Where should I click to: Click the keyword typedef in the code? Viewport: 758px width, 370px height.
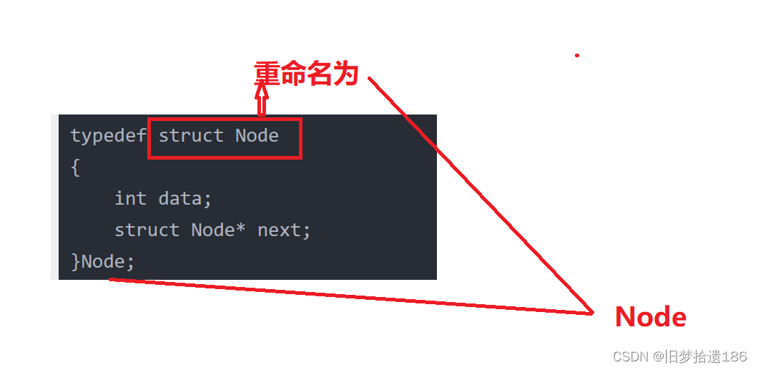(x=109, y=136)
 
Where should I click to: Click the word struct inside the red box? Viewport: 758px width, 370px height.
(x=191, y=136)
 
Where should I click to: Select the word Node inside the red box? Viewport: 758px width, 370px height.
(x=257, y=136)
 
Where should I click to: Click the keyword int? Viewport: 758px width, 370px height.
(x=130, y=198)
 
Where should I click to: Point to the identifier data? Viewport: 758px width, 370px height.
(x=185, y=198)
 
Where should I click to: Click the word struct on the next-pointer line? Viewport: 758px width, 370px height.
(x=147, y=230)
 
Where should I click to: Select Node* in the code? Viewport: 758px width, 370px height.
(x=219, y=230)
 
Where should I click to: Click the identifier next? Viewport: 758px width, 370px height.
(x=284, y=230)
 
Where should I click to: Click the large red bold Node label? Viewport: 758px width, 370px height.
(x=650, y=317)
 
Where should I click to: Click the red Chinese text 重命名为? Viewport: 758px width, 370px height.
(x=306, y=73)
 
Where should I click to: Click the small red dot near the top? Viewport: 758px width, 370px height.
(x=576, y=55)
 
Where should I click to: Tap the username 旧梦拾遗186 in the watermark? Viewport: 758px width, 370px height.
(x=707, y=356)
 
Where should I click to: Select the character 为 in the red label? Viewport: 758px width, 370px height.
(x=345, y=73)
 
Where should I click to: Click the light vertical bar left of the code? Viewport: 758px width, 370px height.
(x=54, y=197)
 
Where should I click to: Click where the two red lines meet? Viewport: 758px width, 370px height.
(x=592, y=313)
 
